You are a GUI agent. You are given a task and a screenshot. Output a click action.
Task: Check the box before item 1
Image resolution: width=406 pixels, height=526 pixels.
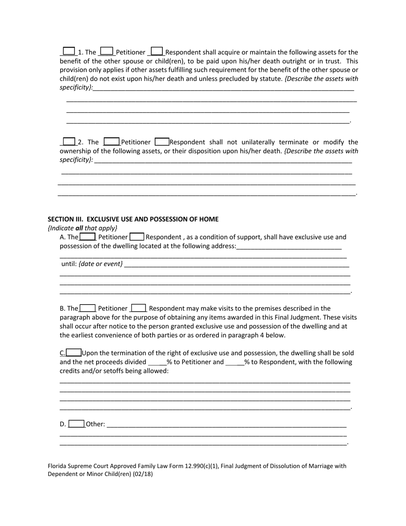point(68,51)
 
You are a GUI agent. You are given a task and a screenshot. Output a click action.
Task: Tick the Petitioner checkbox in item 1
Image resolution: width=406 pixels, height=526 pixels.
point(106,51)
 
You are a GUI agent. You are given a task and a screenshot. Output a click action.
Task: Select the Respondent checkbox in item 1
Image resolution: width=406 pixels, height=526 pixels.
point(157,51)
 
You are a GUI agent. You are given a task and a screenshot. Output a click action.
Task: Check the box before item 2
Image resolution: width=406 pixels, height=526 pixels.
point(69,141)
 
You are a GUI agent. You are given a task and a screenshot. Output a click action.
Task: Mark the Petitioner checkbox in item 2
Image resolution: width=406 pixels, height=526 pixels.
point(112,141)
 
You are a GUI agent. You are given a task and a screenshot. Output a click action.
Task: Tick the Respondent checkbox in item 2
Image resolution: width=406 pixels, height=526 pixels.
point(162,141)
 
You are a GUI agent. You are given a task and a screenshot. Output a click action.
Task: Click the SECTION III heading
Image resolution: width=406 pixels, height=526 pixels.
point(133,219)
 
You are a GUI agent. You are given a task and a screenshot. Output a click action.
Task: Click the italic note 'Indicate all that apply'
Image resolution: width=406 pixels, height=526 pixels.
point(82,228)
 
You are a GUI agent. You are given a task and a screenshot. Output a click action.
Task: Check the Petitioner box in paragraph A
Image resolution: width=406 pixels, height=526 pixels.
point(88,236)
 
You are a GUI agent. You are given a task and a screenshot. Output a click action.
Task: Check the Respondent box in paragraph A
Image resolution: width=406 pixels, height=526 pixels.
point(137,236)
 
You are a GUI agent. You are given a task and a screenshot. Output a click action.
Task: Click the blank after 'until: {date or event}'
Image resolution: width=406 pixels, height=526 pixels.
point(236,264)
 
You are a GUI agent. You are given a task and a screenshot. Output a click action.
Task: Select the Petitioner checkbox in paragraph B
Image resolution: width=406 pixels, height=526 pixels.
point(88,308)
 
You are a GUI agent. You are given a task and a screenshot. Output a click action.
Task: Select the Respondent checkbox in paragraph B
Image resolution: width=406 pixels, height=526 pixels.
point(139,308)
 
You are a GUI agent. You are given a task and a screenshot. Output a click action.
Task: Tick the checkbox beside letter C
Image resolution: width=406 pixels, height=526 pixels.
point(74,353)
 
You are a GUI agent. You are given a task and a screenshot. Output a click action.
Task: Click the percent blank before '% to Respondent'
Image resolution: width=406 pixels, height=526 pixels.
point(234,362)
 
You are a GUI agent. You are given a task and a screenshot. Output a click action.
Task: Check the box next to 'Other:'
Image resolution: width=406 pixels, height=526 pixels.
point(76,424)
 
